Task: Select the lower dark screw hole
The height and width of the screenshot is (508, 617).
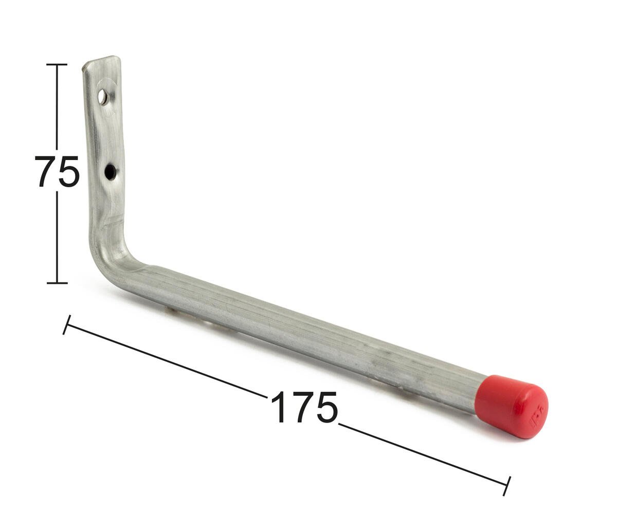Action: [x=111, y=172]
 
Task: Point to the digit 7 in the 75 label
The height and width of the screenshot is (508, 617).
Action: [x=46, y=172]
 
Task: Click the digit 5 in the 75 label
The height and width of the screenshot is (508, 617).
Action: [x=68, y=172]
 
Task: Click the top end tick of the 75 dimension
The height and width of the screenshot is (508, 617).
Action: [x=57, y=64]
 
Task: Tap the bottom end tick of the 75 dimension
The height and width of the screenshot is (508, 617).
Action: [x=57, y=283]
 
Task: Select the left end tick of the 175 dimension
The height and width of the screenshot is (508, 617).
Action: [x=67, y=325]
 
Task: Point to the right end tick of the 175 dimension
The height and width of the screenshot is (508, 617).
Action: [x=507, y=486]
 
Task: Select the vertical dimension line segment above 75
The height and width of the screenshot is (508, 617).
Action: [x=57, y=108]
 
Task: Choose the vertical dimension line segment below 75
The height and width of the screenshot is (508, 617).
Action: [x=57, y=237]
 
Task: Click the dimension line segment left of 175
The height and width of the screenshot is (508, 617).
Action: [x=165, y=360]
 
